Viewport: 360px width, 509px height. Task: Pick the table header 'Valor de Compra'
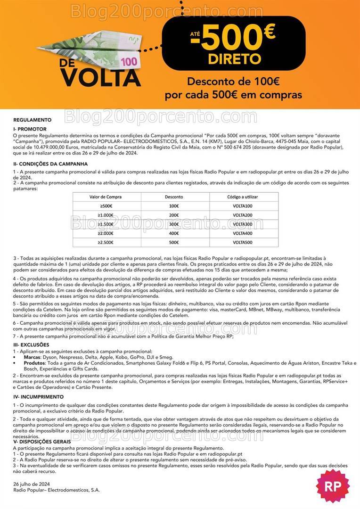click(103, 197)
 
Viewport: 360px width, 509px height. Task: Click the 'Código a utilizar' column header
click(242, 197)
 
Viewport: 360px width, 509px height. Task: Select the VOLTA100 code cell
click(242, 206)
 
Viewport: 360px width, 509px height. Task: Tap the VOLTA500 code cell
click(242, 242)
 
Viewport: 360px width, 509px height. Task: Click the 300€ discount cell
click(174, 224)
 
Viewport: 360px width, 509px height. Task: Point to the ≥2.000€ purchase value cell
click(103, 233)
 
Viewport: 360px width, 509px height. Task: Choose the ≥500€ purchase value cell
click(103, 206)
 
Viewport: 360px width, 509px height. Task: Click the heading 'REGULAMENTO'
click(33, 120)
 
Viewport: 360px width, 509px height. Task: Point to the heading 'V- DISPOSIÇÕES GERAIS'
click(42, 441)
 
